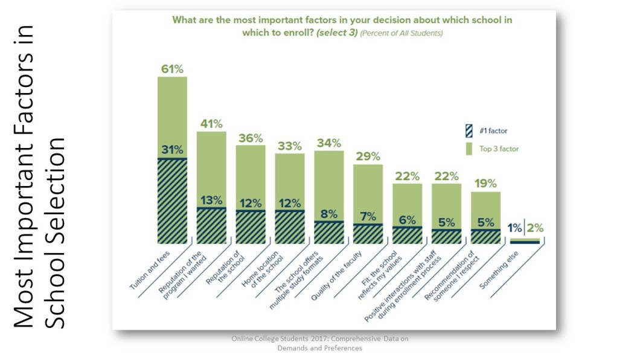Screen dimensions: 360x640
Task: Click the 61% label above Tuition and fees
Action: [172, 69]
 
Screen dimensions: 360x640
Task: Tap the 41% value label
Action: [211, 124]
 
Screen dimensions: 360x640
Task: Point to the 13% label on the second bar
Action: [211, 200]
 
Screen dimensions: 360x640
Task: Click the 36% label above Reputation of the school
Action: [251, 138]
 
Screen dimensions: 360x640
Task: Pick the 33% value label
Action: [290, 146]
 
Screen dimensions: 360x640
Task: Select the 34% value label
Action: [329, 143]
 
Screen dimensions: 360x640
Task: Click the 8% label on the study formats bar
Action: [329, 213]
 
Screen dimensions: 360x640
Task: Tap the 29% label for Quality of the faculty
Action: [368, 156]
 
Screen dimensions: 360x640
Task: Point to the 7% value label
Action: [368, 216]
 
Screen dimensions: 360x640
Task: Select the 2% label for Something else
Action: [535, 228]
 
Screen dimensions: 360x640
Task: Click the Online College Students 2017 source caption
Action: [319, 343]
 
